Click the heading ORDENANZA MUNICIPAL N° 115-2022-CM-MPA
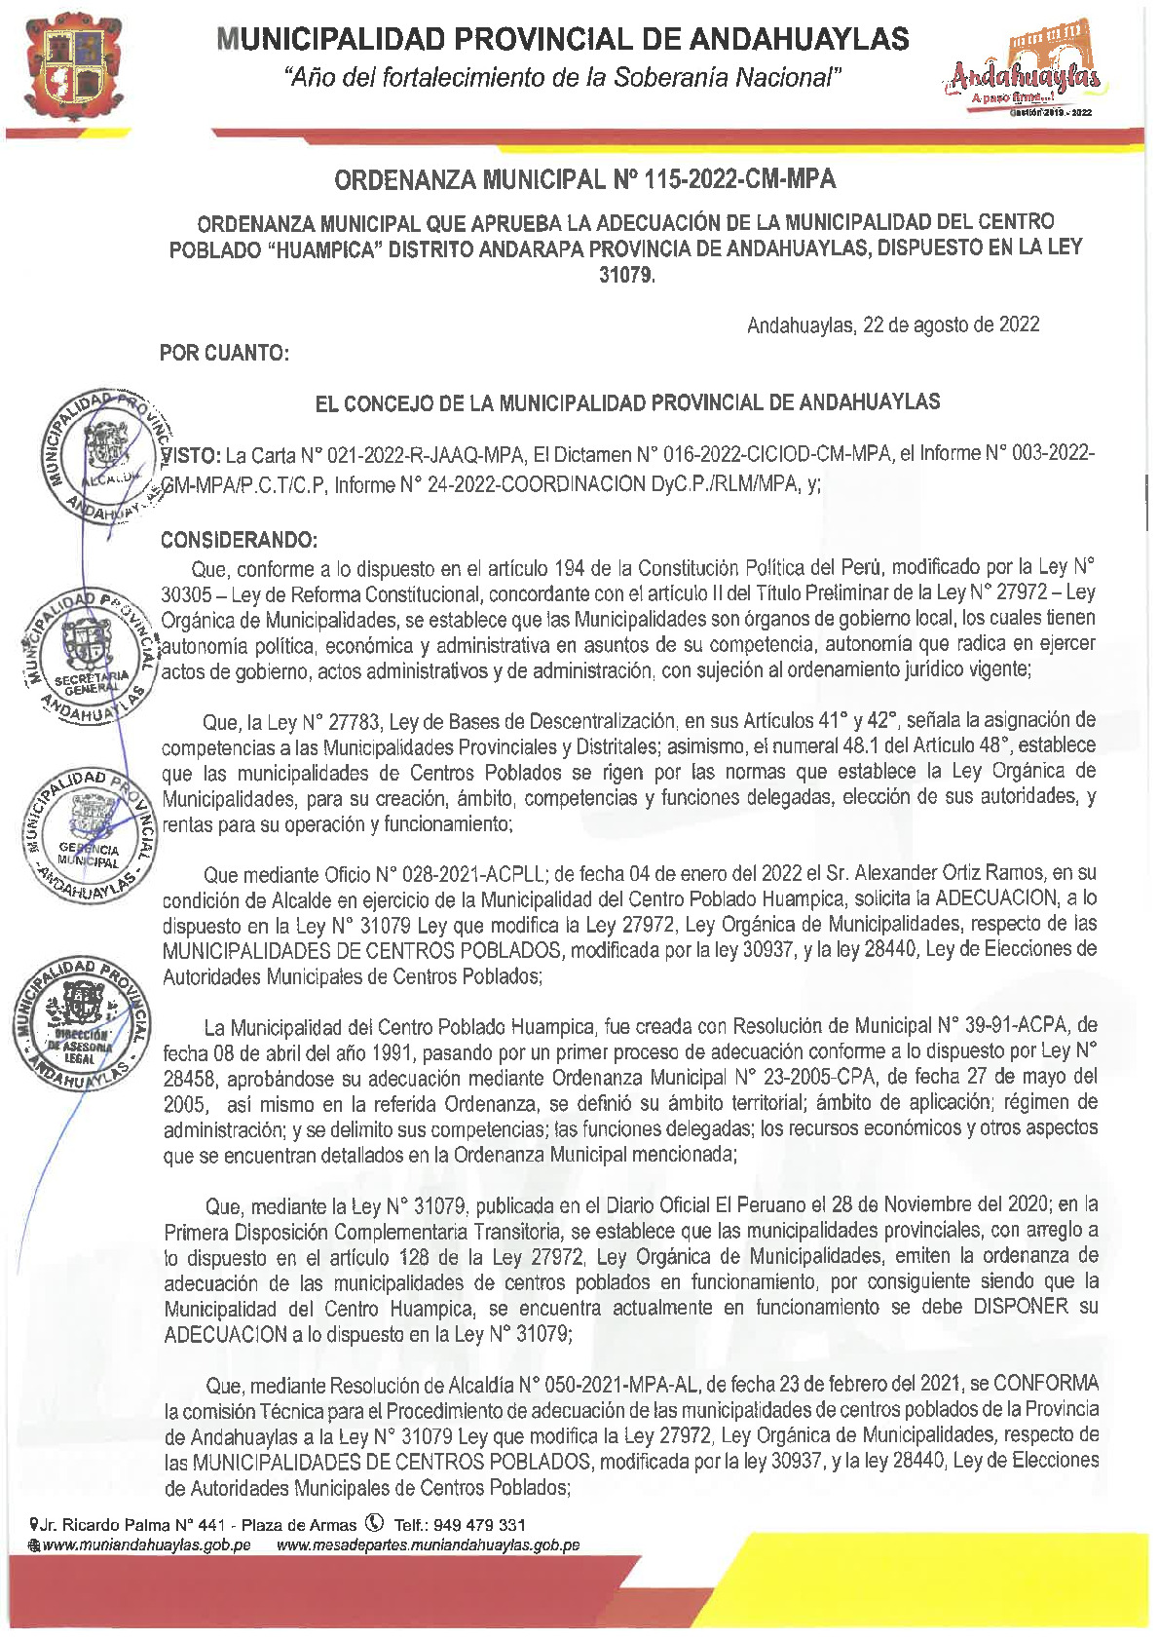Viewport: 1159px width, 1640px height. tap(585, 180)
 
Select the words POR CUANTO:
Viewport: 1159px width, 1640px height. tap(224, 353)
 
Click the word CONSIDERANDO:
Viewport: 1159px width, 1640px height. tap(239, 540)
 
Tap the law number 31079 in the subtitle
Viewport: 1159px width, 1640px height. tap(626, 276)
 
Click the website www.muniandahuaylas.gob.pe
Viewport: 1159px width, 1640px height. tap(146, 1545)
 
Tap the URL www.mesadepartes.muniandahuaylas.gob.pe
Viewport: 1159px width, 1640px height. tap(429, 1545)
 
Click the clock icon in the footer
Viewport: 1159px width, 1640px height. tap(374, 1523)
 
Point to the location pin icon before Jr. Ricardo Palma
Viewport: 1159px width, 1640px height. tap(35, 1524)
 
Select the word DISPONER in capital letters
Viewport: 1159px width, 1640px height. tap(1020, 1307)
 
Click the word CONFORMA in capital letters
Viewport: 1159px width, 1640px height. tap(1046, 1384)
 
